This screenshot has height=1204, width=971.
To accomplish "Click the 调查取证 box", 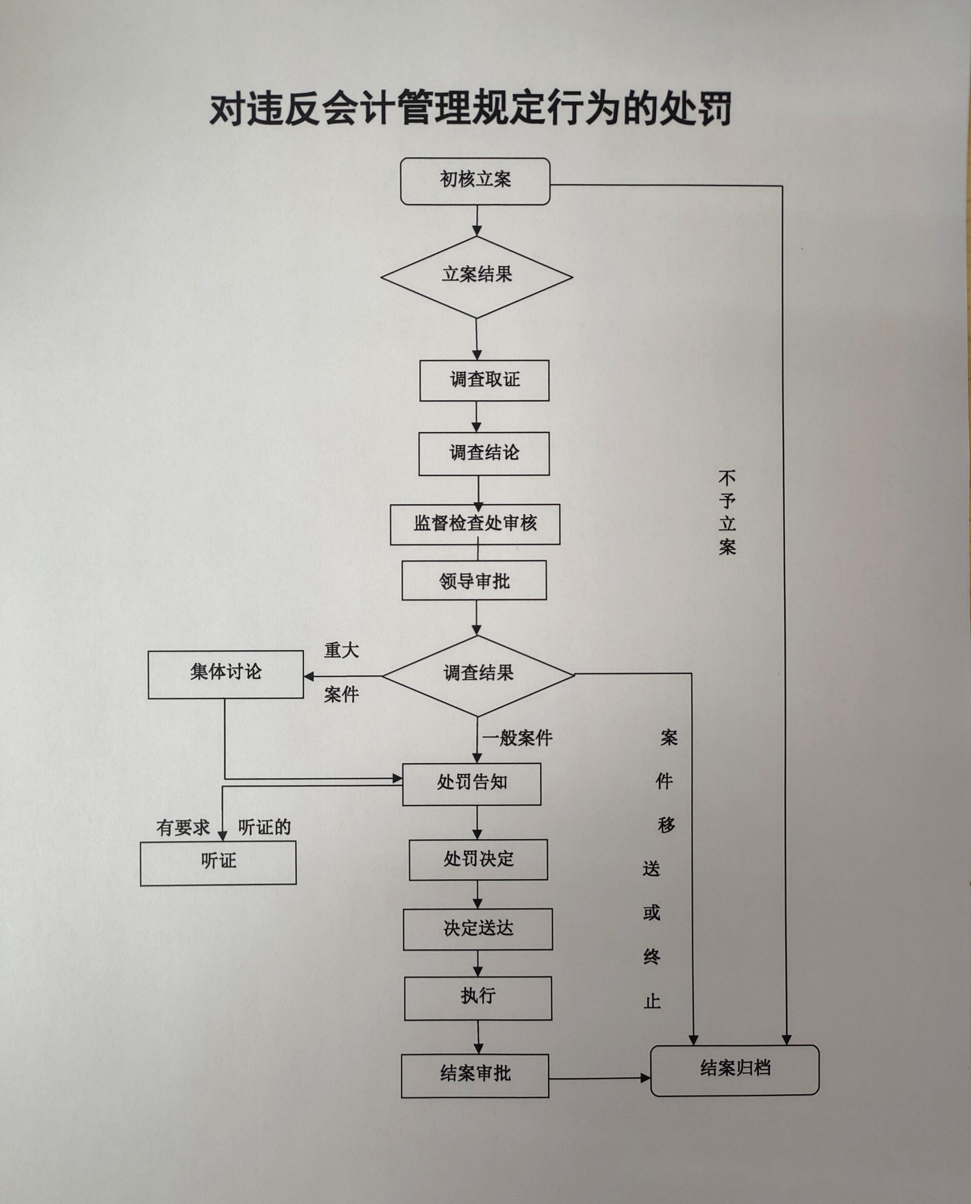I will (484, 380).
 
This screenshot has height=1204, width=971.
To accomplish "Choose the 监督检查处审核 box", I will (475, 524).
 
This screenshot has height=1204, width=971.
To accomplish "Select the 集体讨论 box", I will (226, 674).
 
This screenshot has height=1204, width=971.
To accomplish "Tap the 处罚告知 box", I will (472, 783).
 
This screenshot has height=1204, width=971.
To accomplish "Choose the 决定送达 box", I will (478, 929).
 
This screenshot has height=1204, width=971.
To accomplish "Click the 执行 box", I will (478, 998).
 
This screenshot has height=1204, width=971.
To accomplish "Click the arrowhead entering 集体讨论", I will (309, 676).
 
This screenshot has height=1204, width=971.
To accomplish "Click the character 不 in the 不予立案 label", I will (727, 478).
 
